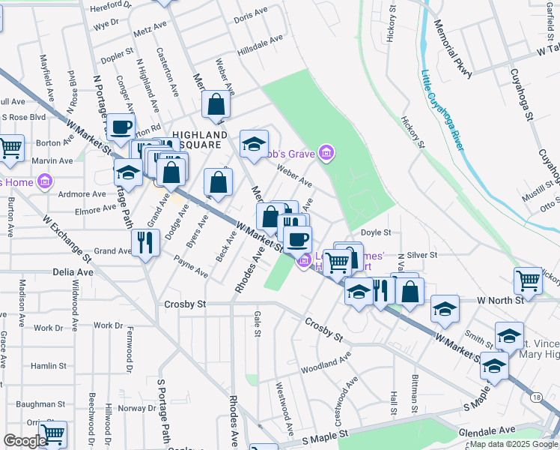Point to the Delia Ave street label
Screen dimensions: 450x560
[73, 272]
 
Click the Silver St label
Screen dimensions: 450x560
[421, 255]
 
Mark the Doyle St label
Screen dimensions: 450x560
[377, 232]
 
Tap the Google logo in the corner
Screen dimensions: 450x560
[25, 441]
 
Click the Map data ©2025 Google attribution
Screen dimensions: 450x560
[514, 444]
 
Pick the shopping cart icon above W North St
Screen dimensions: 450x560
[528, 280]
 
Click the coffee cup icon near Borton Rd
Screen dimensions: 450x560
[121, 127]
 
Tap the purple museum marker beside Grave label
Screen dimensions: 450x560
[326, 154]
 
